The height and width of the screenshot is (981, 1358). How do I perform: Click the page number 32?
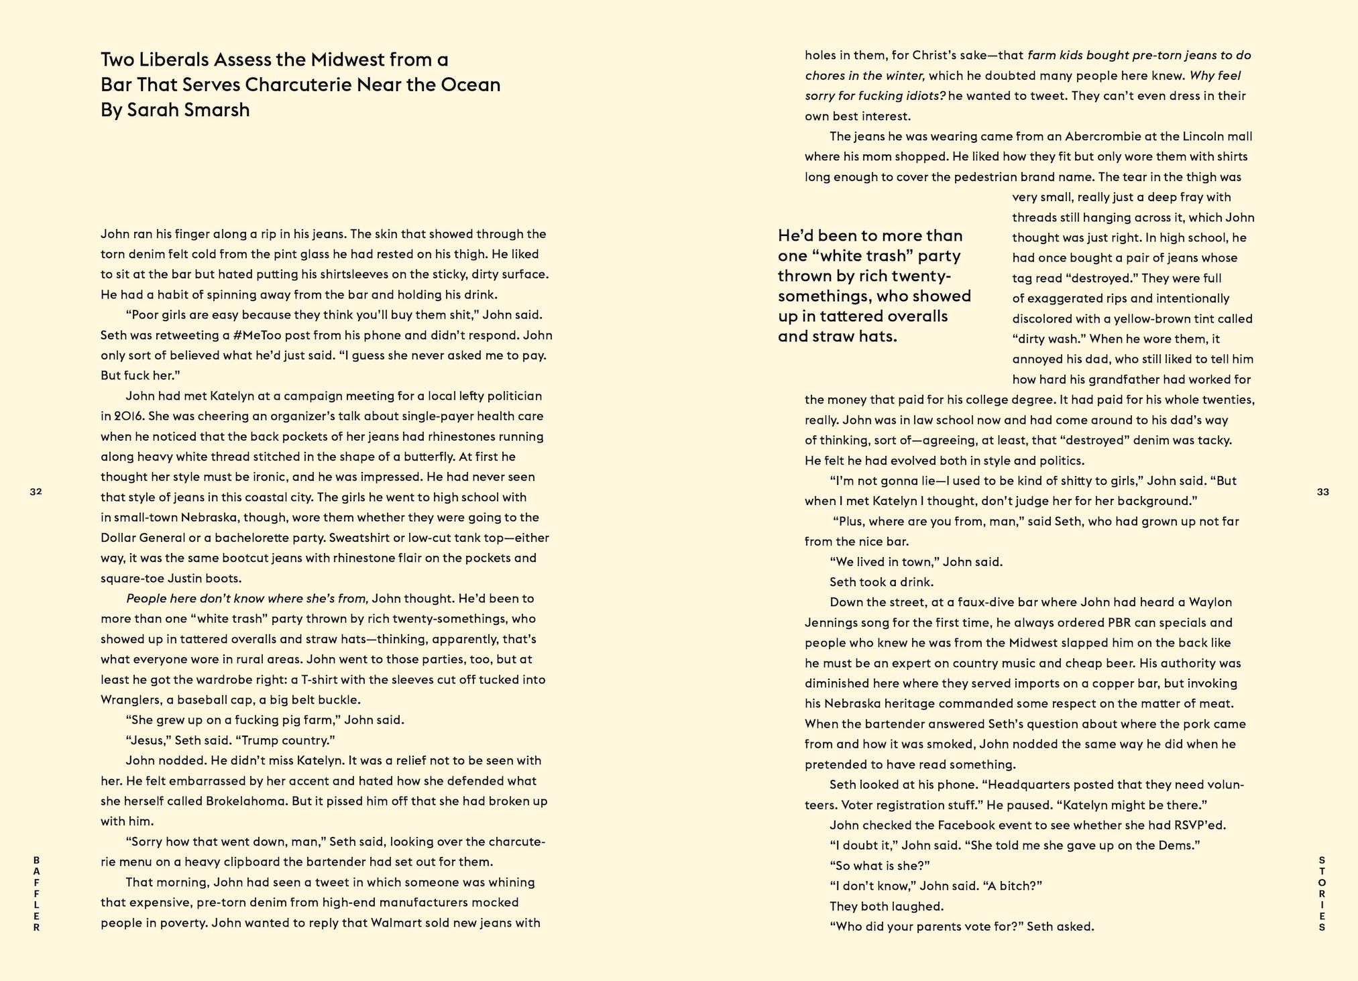[x=36, y=492]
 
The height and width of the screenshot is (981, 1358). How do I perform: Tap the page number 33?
[x=1322, y=492]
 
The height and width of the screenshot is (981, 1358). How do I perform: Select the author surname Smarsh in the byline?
[x=217, y=110]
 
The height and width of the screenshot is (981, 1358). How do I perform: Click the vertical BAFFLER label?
[x=36, y=894]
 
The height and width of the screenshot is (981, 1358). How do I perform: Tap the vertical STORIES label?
[x=1322, y=894]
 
